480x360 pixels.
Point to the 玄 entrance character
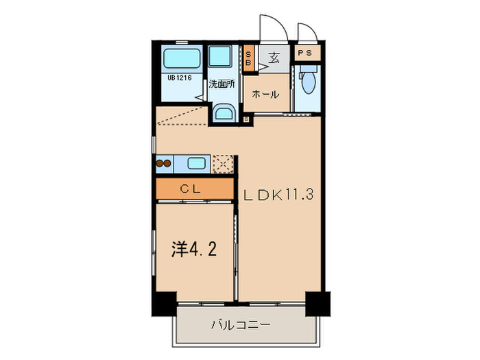274,57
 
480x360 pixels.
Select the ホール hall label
265,94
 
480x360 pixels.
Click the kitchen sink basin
195,164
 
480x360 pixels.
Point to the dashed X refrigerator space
221,164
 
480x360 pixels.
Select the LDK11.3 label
278,195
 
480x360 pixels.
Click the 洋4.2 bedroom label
193,249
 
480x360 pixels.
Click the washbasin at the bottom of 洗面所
222,112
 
